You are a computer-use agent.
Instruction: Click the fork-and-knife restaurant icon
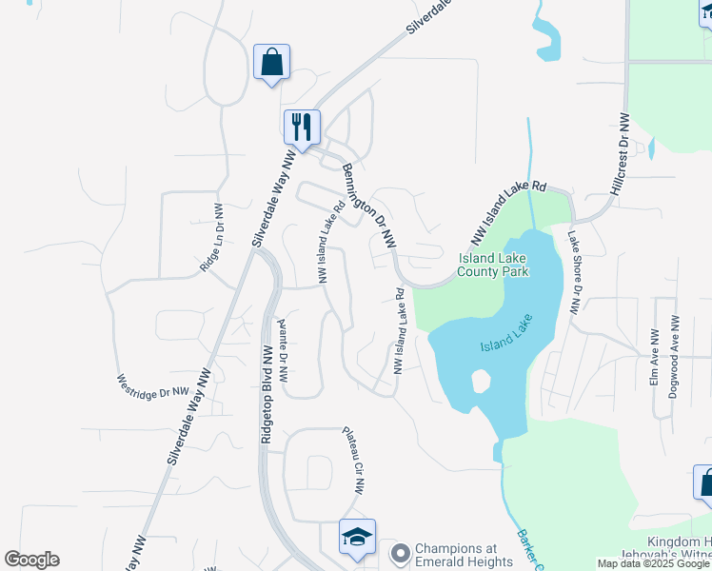coord(302,127)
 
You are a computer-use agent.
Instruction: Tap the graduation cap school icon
coord(358,538)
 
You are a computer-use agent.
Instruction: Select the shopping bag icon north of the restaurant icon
coord(271,63)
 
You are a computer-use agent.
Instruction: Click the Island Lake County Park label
coord(493,265)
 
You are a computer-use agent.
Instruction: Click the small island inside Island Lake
coord(480,382)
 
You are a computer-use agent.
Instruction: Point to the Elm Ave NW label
coord(654,357)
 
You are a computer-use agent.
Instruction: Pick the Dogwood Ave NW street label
coord(674,357)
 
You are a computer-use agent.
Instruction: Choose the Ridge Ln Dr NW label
coord(211,238)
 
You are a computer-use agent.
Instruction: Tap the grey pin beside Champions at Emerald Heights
coord(401,552)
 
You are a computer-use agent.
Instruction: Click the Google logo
coord(31,560)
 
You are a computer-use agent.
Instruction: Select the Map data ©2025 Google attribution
coord(653,563)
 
